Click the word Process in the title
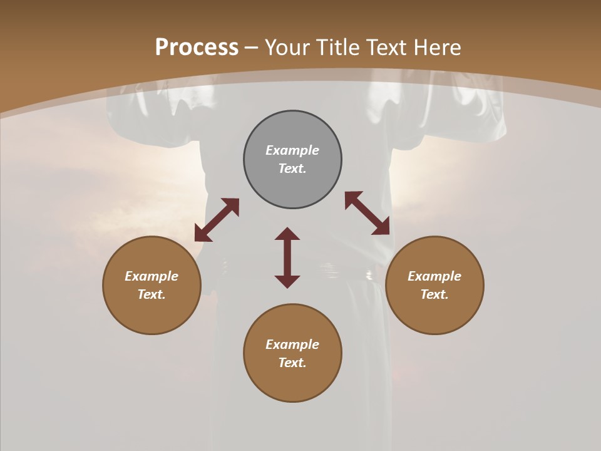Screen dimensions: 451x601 (197, 48)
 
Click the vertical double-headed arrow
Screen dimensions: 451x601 (287, 257)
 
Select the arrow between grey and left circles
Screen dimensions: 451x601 (217, 220)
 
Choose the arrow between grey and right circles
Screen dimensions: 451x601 (367, 214)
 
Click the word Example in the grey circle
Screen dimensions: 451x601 (292, 150)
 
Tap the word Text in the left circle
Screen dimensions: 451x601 (152, 294)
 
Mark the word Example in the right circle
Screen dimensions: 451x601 (434, 276)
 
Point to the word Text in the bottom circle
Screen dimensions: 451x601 (292, 363)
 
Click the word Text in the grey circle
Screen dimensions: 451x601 (292, 168)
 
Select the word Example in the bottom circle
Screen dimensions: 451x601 (292, 345)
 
